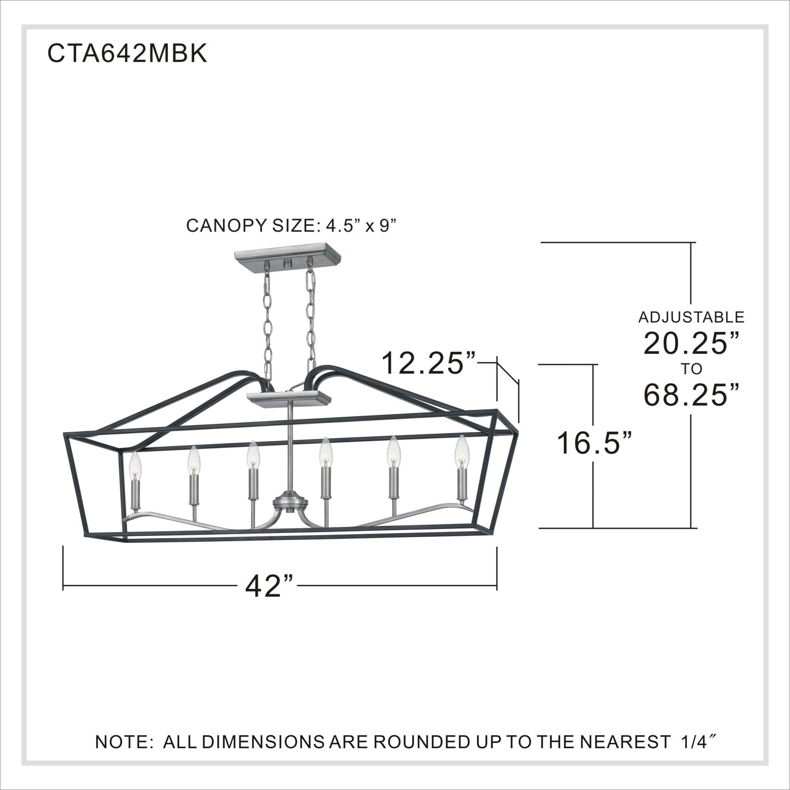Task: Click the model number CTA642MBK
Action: tap(128, 54)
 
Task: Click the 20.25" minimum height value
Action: tap(691, 344)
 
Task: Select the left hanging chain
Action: tap(268, 319)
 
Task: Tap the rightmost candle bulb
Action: tap(462, 452)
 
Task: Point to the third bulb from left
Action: tap(253, 456)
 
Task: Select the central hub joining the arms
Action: tap(289, 502)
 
